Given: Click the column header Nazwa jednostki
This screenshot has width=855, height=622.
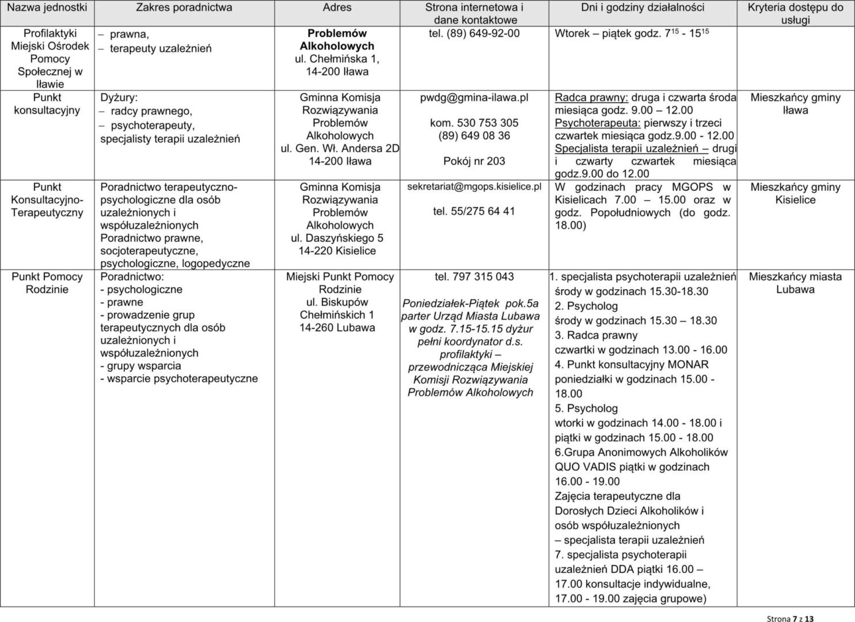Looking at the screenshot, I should point(47,8).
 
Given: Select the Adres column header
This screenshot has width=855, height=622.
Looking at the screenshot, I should point(337,8).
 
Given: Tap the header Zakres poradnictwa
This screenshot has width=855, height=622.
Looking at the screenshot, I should point(184,8).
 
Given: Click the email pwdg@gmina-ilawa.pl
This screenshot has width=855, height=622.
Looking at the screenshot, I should point(474,98).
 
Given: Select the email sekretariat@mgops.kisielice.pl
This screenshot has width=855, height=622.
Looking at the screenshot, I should point(474,187).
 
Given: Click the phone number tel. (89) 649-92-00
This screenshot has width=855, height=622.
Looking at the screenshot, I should point(474,34).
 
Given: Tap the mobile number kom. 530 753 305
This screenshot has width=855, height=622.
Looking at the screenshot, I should point(474,123).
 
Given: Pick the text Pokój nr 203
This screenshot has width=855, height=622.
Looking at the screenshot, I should point(474,161).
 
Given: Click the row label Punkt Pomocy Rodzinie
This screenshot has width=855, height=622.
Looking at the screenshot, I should point(47,283).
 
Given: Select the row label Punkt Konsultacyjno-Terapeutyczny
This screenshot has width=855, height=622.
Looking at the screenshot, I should point(47,200).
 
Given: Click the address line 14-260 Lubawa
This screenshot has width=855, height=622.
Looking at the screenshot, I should point(337,328).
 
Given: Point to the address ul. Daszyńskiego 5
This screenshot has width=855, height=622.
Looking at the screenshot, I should point(337,238).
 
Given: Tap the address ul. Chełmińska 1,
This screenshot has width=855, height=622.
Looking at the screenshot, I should point(337,59).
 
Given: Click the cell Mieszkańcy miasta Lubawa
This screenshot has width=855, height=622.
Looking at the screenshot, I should point(795,283).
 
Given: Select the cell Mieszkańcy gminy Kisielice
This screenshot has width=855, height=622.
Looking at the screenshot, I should point(795,194).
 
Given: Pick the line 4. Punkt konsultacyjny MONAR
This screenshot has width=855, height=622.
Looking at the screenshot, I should point(632,365).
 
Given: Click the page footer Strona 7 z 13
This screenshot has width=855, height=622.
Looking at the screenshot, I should point(791,619).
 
